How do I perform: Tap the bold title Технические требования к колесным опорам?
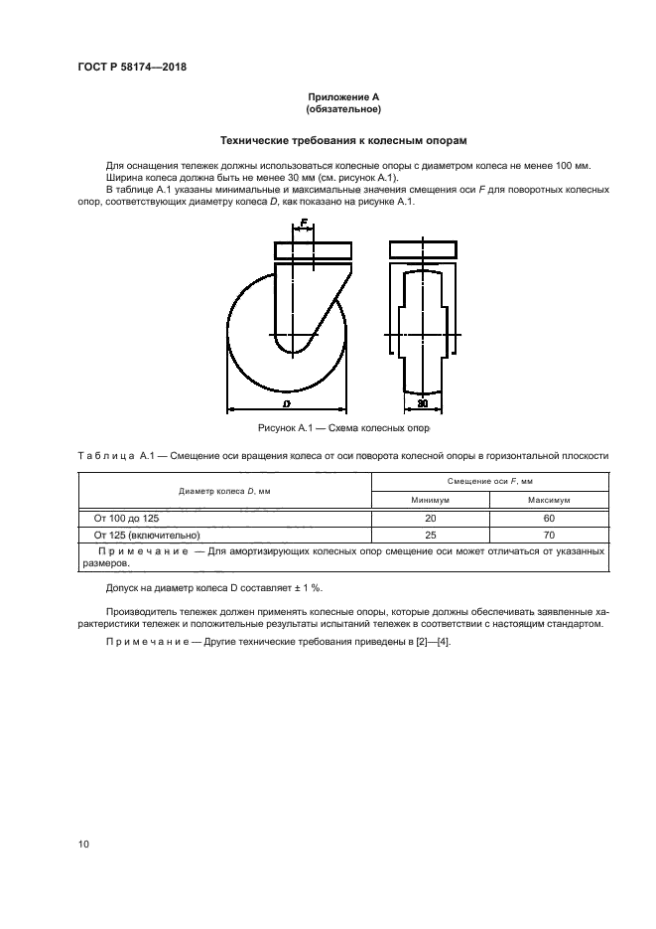pos(343,141)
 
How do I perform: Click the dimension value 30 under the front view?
pos(423,403)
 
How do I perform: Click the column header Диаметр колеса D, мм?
pos(225,491)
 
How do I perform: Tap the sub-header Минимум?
pos(431,501)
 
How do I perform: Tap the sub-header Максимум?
pos(548,501)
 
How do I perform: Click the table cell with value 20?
pos(431,518)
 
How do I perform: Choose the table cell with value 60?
pos(548,518)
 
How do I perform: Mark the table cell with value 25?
pos(431,534)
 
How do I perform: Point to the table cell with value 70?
pos(548,534)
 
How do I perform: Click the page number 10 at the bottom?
pos(83,845)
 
